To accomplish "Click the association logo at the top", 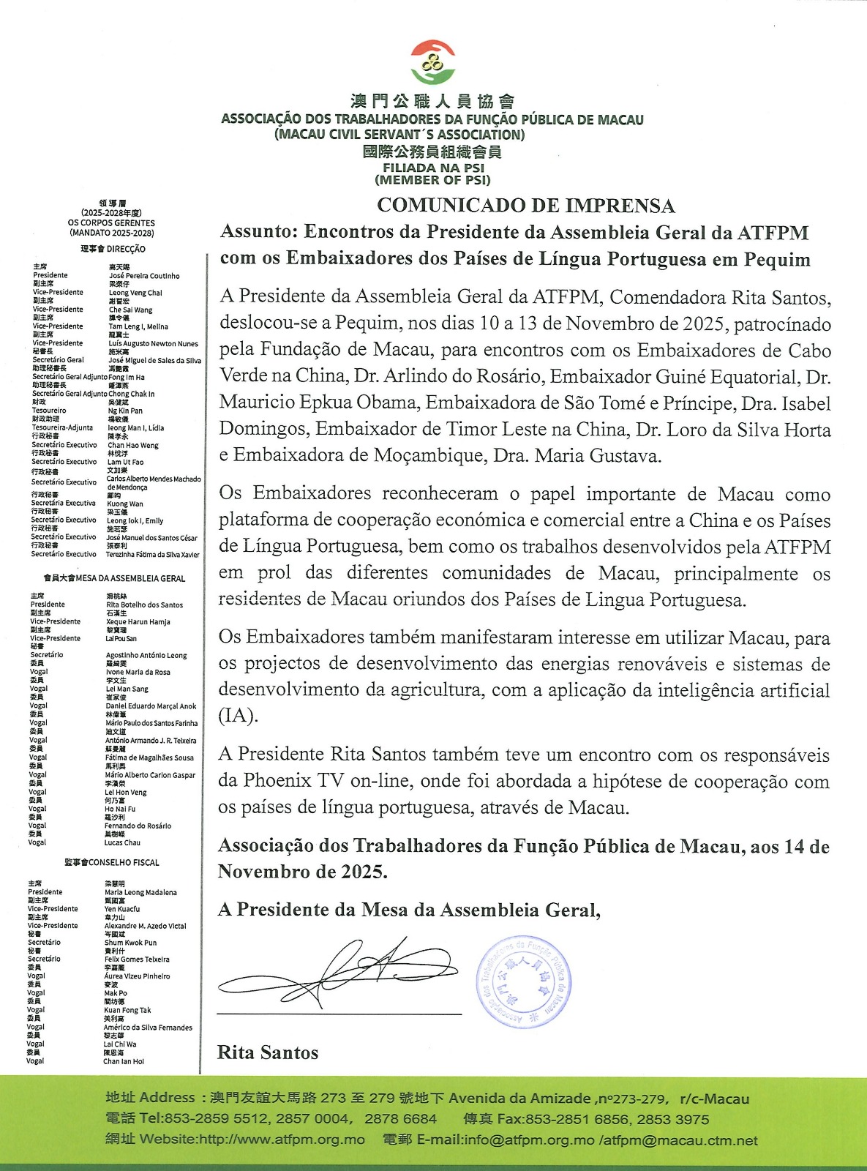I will click(x=432, y=63).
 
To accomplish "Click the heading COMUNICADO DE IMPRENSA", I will click(x=525, y=206).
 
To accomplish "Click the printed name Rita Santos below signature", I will click(x=268, y=1052).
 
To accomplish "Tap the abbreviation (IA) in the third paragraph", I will click(x=239, y=716).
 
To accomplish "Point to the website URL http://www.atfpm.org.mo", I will click(x=282, y=1140).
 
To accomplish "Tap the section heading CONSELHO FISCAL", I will click(x=124, y=862).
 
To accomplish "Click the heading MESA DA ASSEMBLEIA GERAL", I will click(x=128, y=578).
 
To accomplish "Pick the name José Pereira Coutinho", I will click(x=144, y=276).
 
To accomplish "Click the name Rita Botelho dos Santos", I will click(x=144, y=605).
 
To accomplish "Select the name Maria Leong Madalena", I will click(x=140, y=892).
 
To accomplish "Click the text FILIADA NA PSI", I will click(x=433, y=168).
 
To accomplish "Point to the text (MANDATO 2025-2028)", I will click(x=112, y=233).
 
